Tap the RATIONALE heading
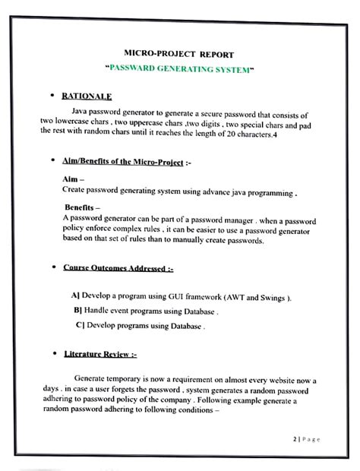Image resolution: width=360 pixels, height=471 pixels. (x=87, y=96)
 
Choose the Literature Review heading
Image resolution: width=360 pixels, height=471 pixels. (x=100, y=353)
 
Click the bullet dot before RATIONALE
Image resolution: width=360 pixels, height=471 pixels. (x=51, y=96)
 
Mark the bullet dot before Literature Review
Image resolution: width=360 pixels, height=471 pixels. (x=51, y=353)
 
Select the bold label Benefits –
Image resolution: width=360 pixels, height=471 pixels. (x=84, y=207)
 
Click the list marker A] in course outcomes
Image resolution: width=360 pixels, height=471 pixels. (x=75, y=296)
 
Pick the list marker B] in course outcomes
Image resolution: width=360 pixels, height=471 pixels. (x=78, y=311)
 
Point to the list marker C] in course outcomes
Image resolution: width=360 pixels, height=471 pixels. (x=80, y=325)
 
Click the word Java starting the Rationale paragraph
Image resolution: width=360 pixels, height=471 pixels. (x=81, y=111)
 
